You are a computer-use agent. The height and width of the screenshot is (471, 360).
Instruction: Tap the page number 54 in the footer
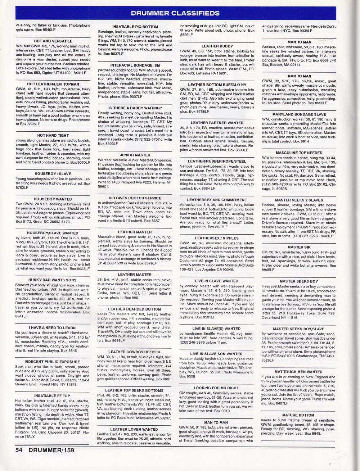pos(21,449)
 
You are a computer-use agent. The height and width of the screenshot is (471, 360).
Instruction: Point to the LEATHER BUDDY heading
pos(217,46)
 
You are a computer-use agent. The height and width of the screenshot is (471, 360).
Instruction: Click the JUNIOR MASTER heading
pos(135,155)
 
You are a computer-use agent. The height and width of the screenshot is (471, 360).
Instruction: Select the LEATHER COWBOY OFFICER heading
pos(135,352)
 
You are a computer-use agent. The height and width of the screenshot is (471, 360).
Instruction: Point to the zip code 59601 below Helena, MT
pos(103,186)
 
